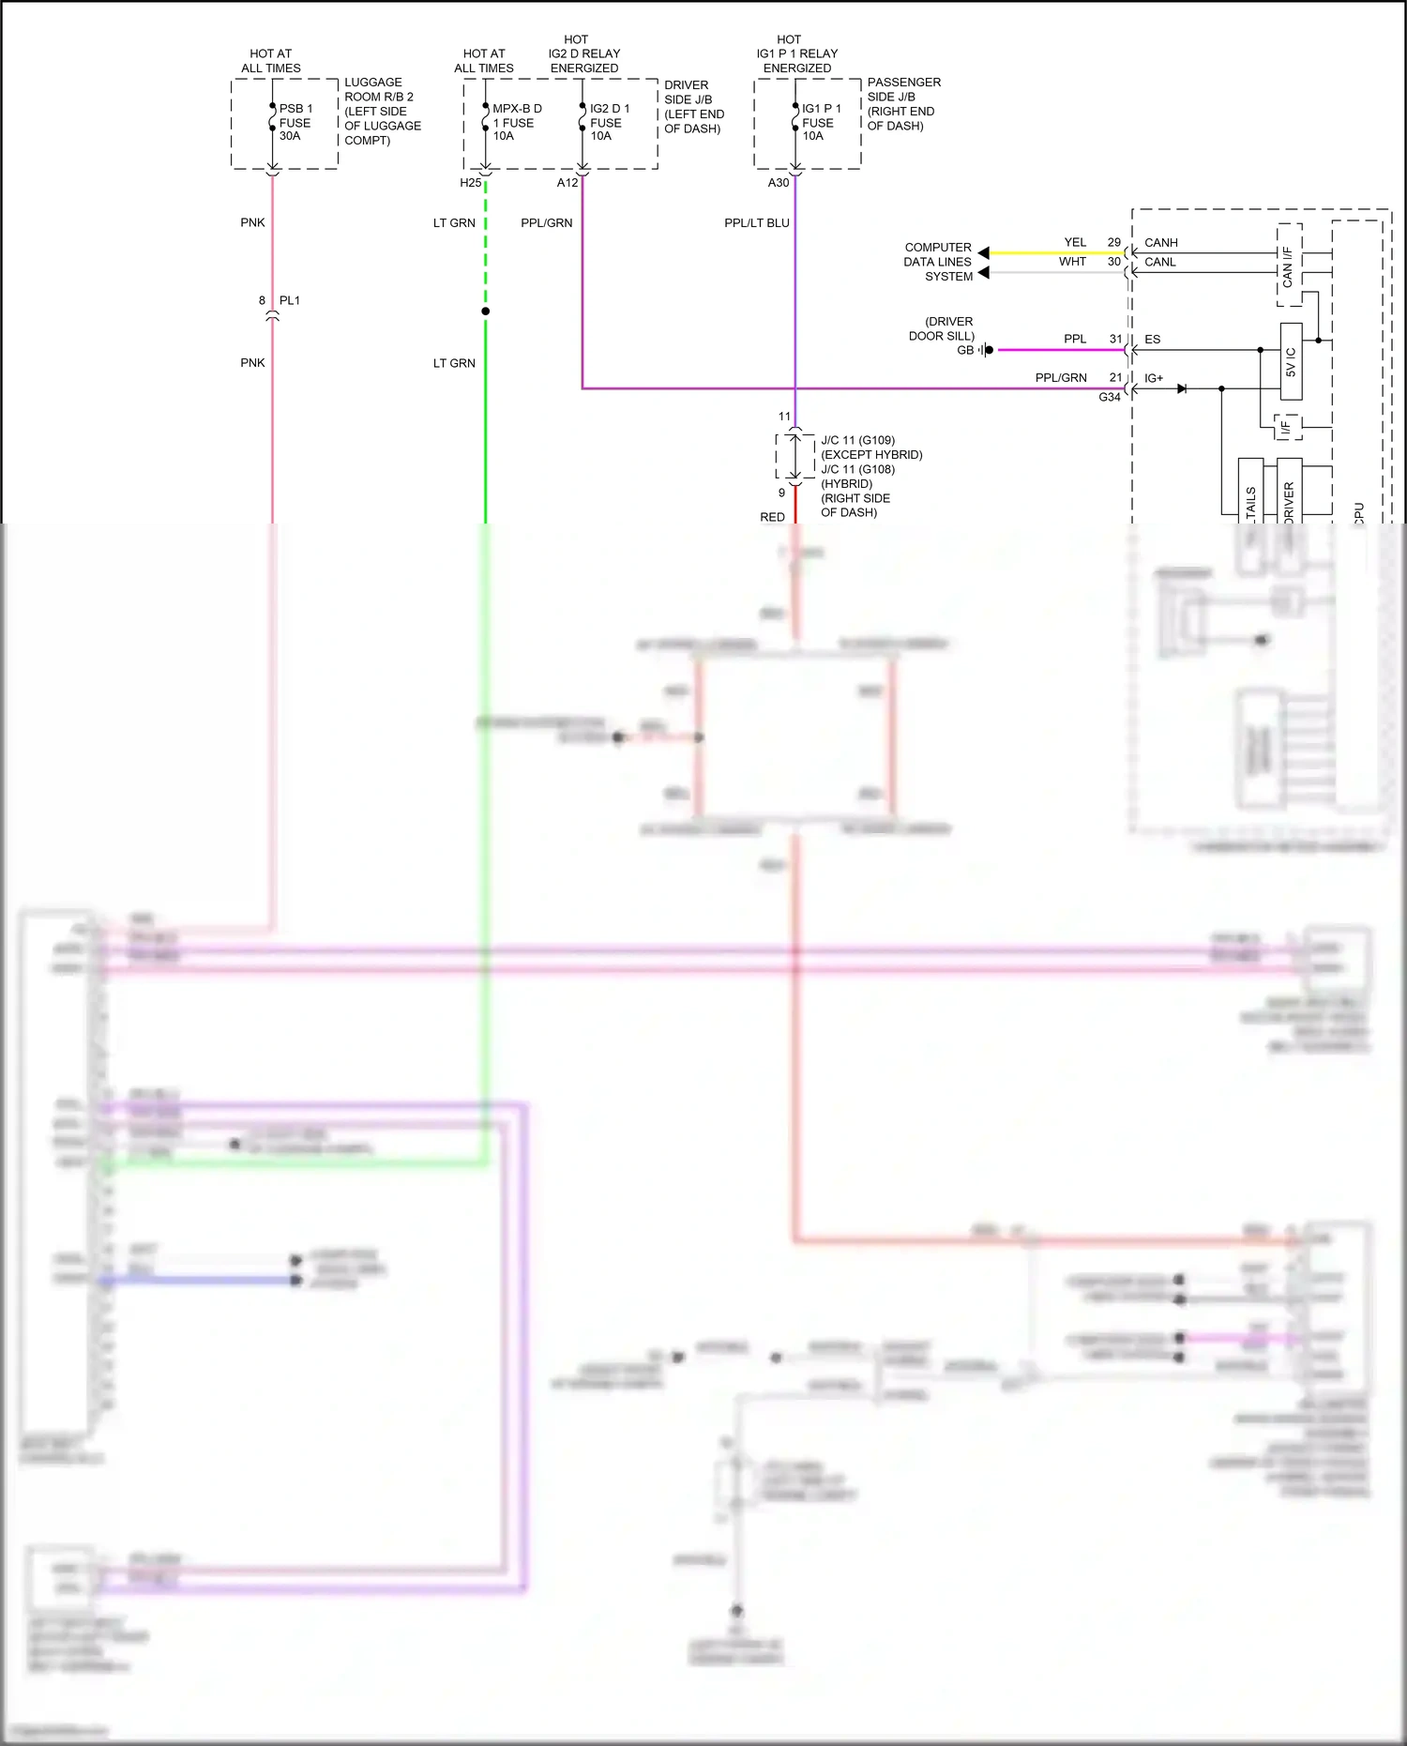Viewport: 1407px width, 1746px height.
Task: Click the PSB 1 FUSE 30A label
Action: point(295,122)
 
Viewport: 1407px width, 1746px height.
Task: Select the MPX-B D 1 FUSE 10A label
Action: point(517,122)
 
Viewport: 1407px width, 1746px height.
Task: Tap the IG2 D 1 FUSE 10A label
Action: point(609,122)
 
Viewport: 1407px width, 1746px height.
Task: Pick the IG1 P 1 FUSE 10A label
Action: point(821,122)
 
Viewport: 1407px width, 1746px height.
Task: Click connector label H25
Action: point(470,183)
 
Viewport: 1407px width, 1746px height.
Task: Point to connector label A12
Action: point(567,183)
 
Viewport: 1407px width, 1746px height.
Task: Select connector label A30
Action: point(779,183)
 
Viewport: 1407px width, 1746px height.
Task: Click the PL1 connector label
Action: point(290,300)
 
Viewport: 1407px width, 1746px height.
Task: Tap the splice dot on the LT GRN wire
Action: point(485,311)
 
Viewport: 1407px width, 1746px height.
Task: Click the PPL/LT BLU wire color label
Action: point(756,223)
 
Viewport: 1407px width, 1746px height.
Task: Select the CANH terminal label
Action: point(1160,242)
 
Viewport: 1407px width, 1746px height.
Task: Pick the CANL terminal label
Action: point(1159,262)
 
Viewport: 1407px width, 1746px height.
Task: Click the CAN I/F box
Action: point(1289,266)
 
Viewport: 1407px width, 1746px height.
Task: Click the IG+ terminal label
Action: point(1153,378)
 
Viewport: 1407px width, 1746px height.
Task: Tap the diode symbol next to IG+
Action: point(1182,388)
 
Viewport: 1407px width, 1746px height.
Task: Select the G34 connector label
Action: point(1109,398)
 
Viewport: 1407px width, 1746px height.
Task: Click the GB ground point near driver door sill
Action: point(988,350)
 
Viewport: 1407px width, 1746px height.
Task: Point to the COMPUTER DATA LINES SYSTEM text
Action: point(937,262)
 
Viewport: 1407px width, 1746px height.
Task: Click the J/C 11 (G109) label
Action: point(857,440)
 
